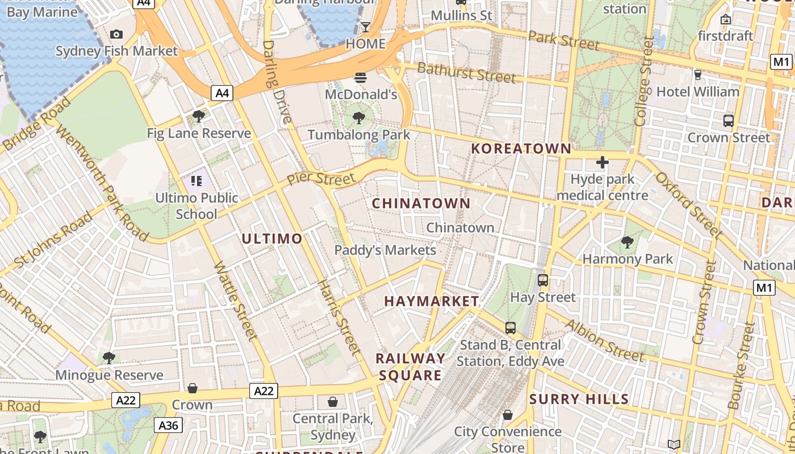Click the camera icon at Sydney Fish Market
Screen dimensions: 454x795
(x=116, y=35)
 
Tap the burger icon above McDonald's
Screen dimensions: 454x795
(x=361, y=77)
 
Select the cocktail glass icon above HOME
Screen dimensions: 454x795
(x=365, y=27)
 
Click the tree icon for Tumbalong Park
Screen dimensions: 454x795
(x=358, y=118)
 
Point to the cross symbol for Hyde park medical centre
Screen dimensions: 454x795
(x=602, y=163)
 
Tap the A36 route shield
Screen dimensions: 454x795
(x=169, y=425)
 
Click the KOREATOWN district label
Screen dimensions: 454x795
(x=521, y=149)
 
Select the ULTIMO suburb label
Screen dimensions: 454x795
(x=272, y=238)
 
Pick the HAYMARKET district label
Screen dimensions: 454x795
(x=432, y=301)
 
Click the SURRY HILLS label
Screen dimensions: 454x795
(x=579, y=399)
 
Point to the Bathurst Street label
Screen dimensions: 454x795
(x=466, y=73)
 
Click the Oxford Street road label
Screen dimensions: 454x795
(x=688, y=204)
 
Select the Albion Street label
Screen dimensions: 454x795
(x=604, y=340)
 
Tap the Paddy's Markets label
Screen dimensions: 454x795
(x=385, y=250)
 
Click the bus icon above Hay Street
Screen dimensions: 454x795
(x=543, y=280)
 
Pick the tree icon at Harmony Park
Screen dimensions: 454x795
(x=627, y=243)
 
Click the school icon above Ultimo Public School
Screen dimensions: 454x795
(x=196, y=181)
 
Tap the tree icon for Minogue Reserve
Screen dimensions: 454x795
(x=108, y=358)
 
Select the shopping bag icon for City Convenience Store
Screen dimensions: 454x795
(x=508, y=415)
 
